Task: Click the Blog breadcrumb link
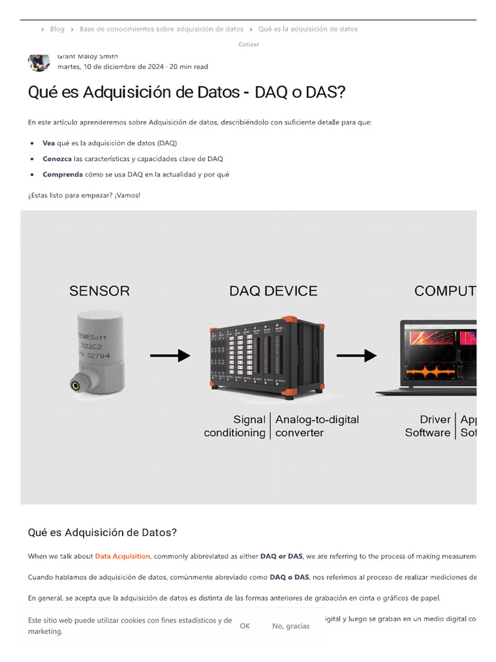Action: [x=57, y=29]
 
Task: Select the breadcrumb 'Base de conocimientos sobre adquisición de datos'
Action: [x=161, y=29]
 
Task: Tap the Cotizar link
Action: [x=249, y=44]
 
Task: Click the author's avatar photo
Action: [x=38, y=61]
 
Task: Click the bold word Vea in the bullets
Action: [x=49, y=143]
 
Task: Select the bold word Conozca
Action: [x=57, y=158]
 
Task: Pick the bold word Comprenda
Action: [x=62, y=174]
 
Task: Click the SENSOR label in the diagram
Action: [x=99, y=291]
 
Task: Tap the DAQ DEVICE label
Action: [x=273, y=291]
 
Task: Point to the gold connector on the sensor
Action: [x=76, y=385]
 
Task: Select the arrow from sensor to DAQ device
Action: [x=170, y=355]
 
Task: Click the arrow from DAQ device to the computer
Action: [x=356, y=355]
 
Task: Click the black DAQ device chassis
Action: [x=267, y=356]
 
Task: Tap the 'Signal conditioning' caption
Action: [x=235, y=426]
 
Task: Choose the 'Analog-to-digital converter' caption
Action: [x=316, y=426]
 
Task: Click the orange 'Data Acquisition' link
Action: [x=123, y=556]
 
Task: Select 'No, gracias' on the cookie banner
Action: [x=291, y=626]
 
